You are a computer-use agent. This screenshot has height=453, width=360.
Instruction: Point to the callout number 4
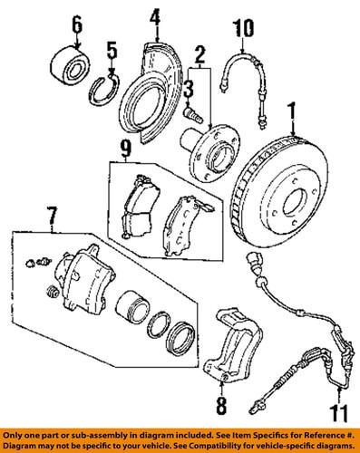[x=154, y=15]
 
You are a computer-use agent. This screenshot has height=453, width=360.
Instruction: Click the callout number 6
[x=76, y=22]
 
